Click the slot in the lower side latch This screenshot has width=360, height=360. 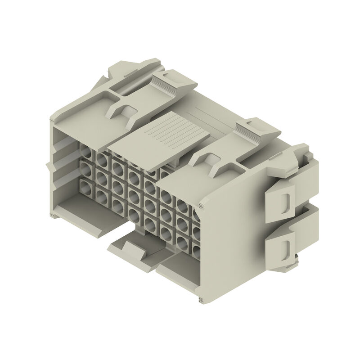(286, 247)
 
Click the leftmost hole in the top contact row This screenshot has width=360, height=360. (85, 150)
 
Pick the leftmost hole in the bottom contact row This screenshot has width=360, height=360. (85, 186)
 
